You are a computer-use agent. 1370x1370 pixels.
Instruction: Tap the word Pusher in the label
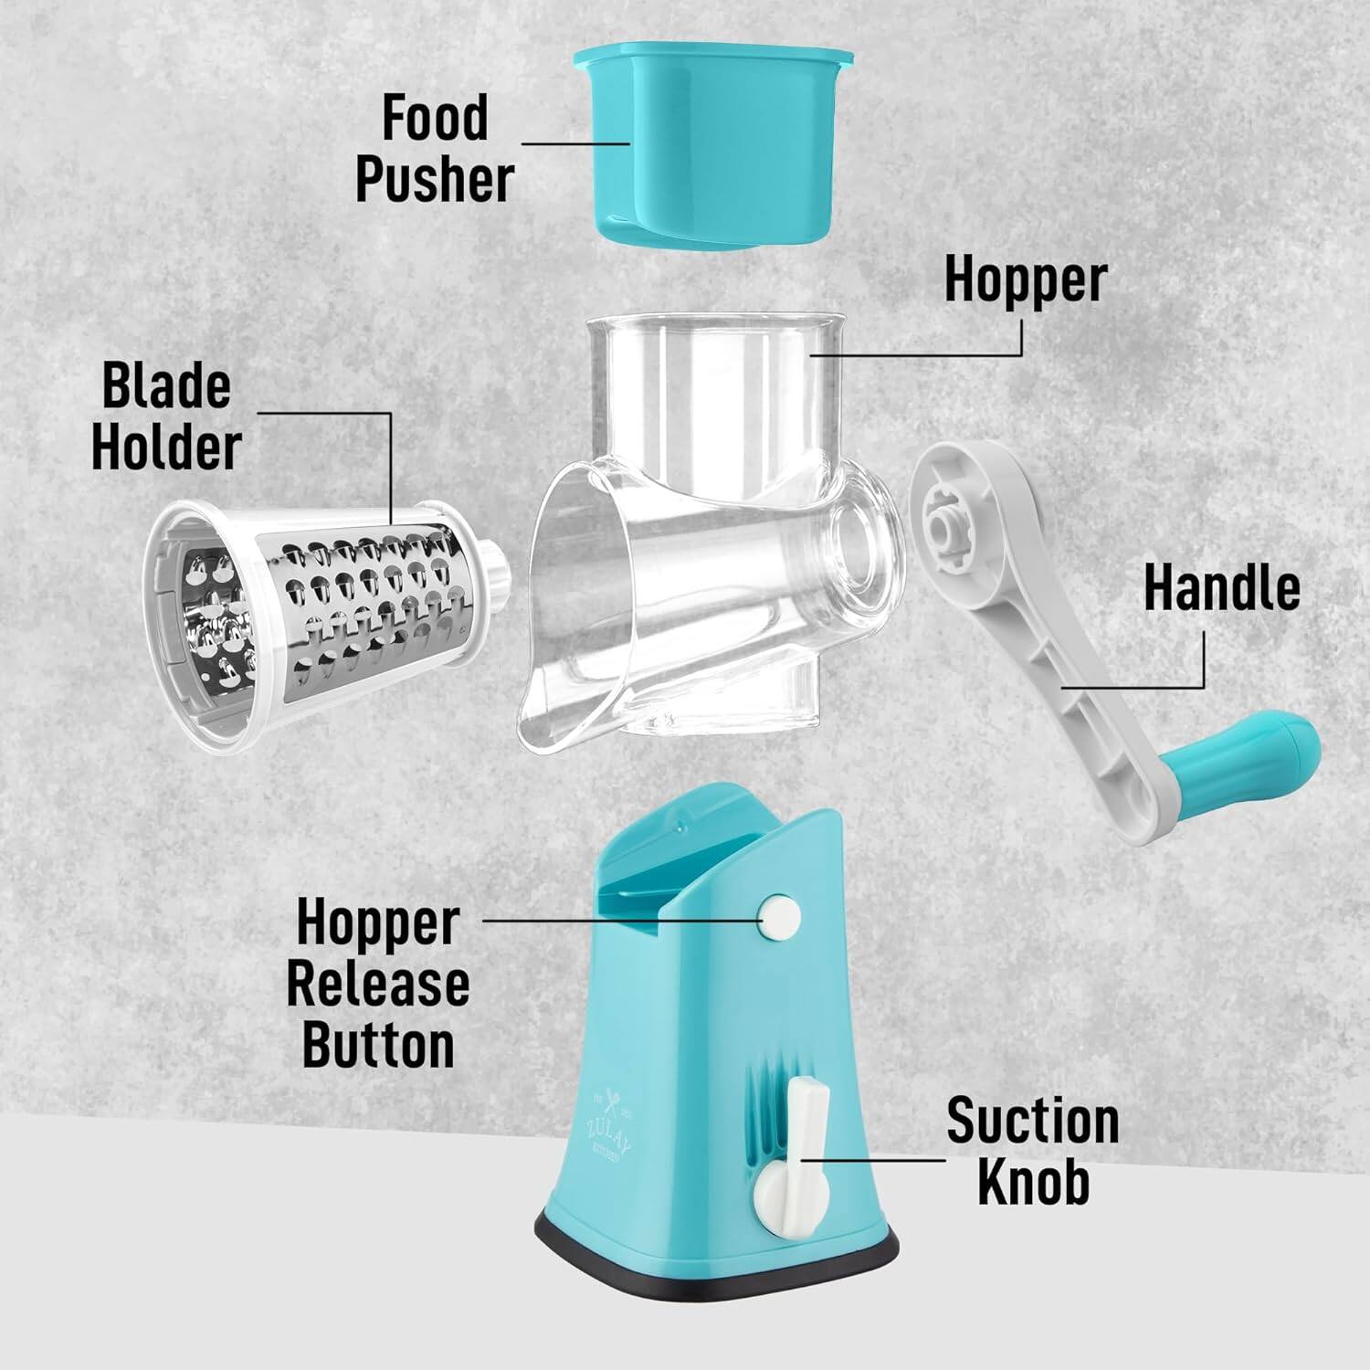[435, 179]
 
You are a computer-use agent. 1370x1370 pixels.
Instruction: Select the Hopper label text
[1025, 279]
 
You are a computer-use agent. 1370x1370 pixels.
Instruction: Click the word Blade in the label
[166, 386]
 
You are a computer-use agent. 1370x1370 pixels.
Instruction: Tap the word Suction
[1032, 1122]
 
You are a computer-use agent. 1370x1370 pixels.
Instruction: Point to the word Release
[378, 984]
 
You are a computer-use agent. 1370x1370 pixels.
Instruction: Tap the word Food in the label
[435, 119]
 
